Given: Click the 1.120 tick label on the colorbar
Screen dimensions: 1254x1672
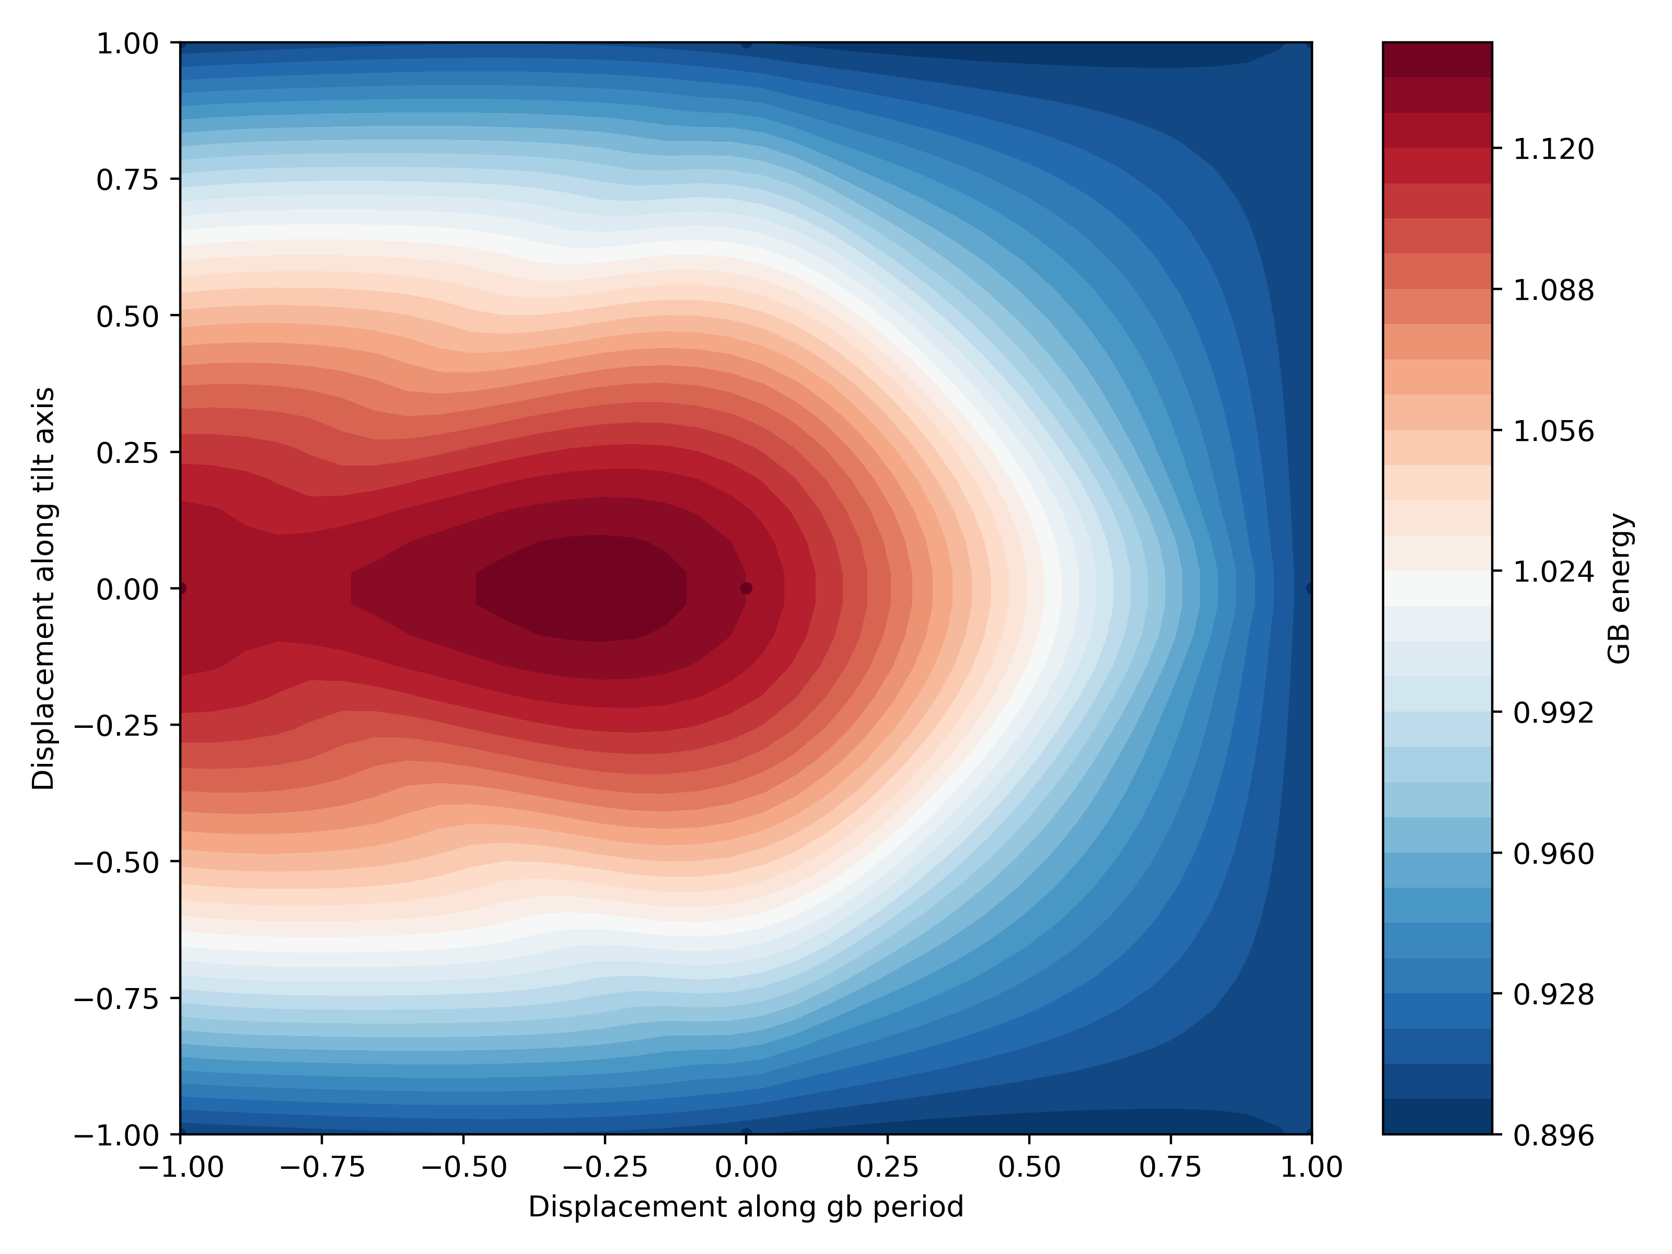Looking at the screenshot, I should pyautogui.click(x=1553, y=149).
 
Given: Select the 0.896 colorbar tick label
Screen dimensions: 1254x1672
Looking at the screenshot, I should pyautogui.click(x=1553, y=1136).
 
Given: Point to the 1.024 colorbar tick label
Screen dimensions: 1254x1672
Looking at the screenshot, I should pyautogui.click(x=1553, y=572).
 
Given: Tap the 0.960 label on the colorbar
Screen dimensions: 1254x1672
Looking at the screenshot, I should pyautogui.click(x=1553, y=854).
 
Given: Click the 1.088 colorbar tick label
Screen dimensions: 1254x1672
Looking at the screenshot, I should pyautogui.click(x=1553, y=291).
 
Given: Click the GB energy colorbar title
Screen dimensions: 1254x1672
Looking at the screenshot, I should pyautogui.click(x=1620, y=589).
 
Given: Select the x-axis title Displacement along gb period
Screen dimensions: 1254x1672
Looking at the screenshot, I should pyautogui.click(x=745, y=1207).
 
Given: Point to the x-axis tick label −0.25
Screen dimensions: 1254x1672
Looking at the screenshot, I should pyautogui.click(x=604, y=1168).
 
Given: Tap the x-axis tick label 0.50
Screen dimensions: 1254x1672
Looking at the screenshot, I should pyautogui.click(x=1029, y=1168).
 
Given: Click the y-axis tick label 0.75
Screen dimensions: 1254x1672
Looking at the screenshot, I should pyautogui.click(x=127, y=180).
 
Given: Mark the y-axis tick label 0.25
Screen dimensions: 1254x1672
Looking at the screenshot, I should pyautogui.click(x=127, y=453).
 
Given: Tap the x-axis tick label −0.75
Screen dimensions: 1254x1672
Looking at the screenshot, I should pyautogui.click(x=322, y=1168).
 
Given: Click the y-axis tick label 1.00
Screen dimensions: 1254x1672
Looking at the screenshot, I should pyautogui.click(x=127, y=44).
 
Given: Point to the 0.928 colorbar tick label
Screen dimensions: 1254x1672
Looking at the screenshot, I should pyautogui.click(x=1553, y=995).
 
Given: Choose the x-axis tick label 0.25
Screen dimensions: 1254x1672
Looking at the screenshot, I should pyautogui.click(x=887, y=1168).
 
